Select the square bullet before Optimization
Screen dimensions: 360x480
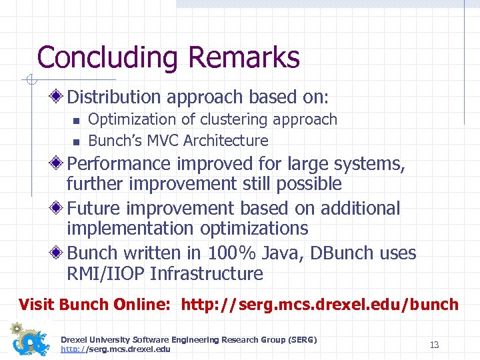tap(76, 121)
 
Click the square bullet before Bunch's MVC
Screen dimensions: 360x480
tap(76, 141)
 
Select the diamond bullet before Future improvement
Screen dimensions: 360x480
tap(59, 209)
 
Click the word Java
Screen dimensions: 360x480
tap(275, 253)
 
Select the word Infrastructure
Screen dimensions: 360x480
tap(207, 274)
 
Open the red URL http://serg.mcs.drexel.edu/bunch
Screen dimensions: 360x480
tap(320, 305)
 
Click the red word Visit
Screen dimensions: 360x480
tap(37, 305)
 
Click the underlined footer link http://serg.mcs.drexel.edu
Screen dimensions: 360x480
tap(115, 349)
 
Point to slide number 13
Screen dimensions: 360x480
tap(434, 345)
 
